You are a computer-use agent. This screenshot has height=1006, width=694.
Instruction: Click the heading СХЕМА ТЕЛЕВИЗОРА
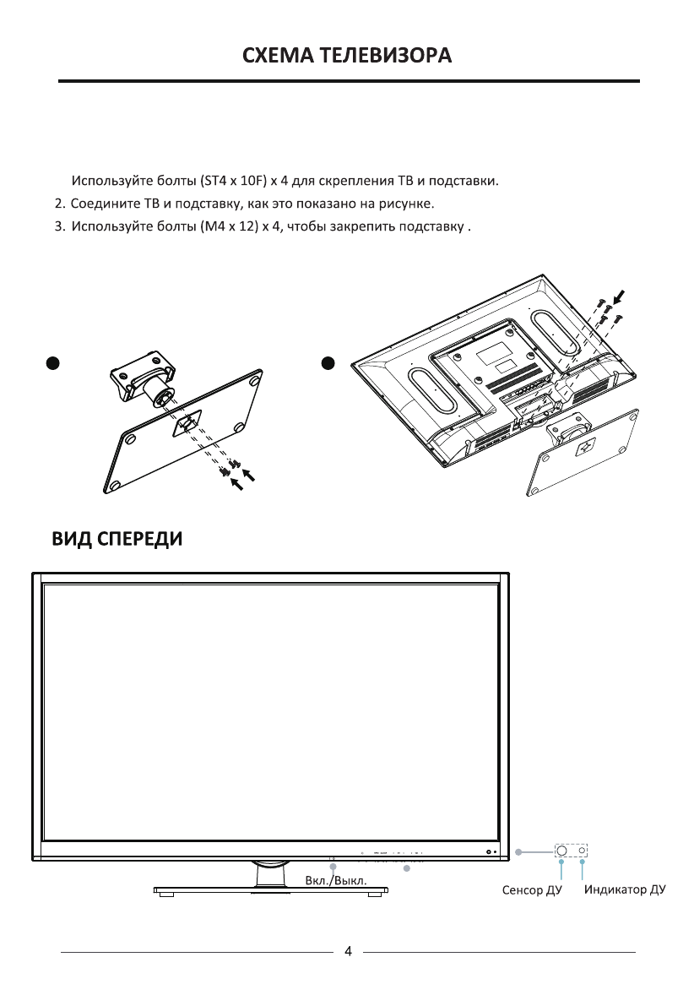coord(347,56)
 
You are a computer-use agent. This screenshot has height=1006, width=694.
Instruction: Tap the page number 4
coord(348,952)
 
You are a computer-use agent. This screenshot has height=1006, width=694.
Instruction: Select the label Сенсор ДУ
coord(532,890)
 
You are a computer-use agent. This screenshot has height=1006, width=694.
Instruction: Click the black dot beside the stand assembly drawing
coord(53,362)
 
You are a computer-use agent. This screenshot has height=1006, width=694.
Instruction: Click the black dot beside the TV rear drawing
coord(329,362)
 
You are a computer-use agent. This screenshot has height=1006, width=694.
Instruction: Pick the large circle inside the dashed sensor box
coord(562,851)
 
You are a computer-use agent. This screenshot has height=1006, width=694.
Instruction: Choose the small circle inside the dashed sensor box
coord(581,851)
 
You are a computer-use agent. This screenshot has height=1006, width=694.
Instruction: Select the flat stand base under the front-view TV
coord(270,889)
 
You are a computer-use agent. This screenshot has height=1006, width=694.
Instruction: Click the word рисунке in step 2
coord(409,204)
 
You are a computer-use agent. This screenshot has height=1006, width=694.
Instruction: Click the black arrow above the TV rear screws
coord(621,296)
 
